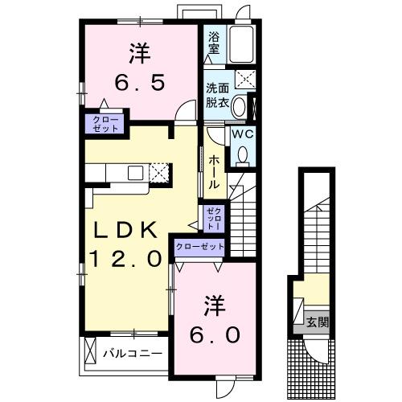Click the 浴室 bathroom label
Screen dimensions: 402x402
(215, 43)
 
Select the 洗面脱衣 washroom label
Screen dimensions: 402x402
(216, 94)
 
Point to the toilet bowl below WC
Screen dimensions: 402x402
(242, 155)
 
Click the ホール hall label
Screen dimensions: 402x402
(215, 171)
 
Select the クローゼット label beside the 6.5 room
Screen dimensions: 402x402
(102, 124)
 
